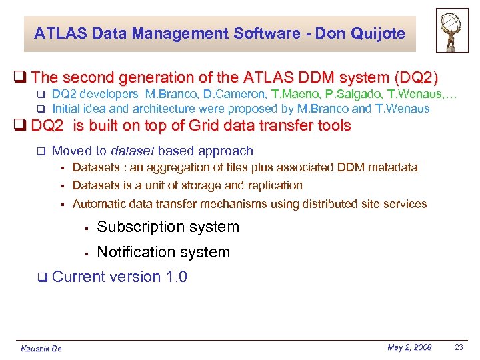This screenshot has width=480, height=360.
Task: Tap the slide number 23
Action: pyautogui.click(x=458, y=347)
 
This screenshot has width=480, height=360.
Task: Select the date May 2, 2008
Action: pyautogui.click(x=409, y=347)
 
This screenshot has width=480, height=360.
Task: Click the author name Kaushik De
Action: pyautogui.click(x=41, y=349)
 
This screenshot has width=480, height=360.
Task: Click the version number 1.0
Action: pyautogui.click(x=176, y=277)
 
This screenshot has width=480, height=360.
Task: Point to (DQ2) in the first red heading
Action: pyautogui.click(x=415, y=77)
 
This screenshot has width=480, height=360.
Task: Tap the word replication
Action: pyautogui.click(x=273, y=185)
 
